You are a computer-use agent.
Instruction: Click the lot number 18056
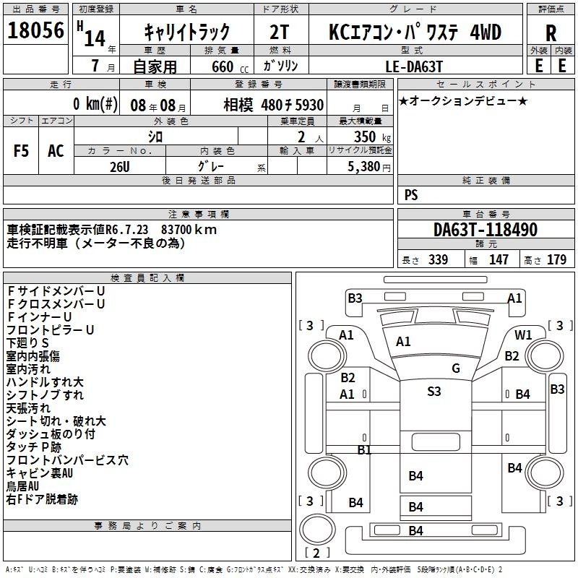click(x=37, y=31)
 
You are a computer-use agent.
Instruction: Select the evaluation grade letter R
click(x=551, y=33)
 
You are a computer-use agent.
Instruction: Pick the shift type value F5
click(x=22, y=151)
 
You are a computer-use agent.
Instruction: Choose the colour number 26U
click(x=120, y=165)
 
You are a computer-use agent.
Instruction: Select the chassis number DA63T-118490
click(x=486, y=230)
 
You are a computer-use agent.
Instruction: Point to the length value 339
click(x=438, y=260)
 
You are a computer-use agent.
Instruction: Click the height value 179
click(x=556, y=260)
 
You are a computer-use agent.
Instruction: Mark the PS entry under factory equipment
click(x=411, y=195)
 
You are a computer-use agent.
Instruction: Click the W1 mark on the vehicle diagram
click(x=524, y=335)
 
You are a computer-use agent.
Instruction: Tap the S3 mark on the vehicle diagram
click(x=433, y=392)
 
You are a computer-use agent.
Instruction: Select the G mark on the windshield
click(x=455, y=368)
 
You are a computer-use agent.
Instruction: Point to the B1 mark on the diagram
click(x=364, y=449)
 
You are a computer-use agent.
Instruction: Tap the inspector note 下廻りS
click(x=28, y=342)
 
